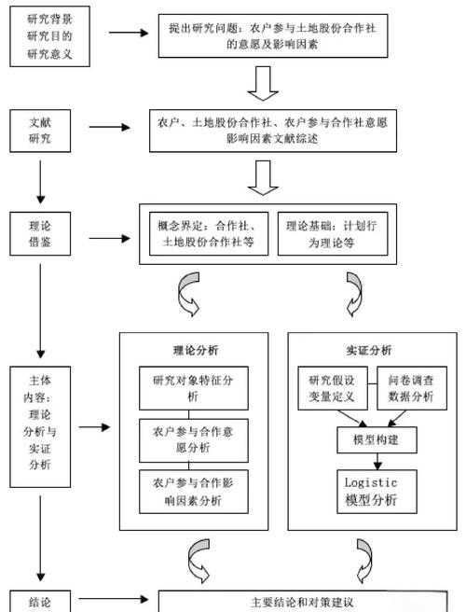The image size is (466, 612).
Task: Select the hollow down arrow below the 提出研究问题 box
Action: pos(264,82)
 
